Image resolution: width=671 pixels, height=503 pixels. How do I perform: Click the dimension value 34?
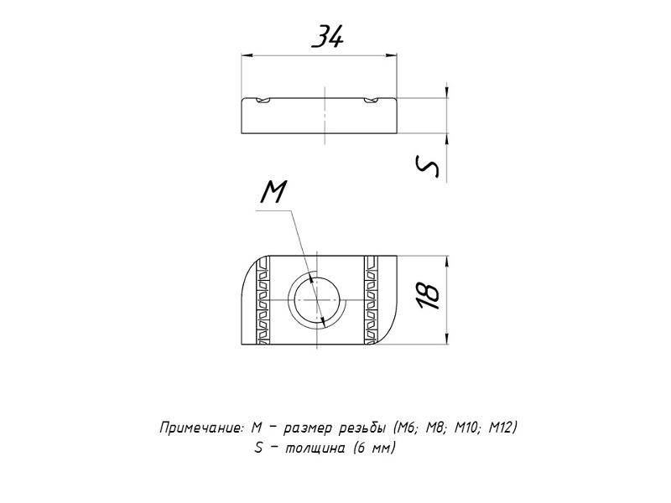(x=328, y=36)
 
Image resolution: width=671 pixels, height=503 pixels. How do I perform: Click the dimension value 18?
(x=429, y=295)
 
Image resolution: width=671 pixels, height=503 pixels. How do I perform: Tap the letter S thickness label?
(x=428, y=166)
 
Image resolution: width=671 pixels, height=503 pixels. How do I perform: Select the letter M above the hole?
(x=273, y=191)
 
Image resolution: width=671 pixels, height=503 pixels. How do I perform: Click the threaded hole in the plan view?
(x=317, y=301)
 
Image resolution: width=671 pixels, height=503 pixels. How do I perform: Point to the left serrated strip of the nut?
(x=263, y=300)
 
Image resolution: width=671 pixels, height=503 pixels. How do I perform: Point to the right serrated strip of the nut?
(x=371, y=300)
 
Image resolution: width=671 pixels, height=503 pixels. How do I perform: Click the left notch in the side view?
(x=263, y=101)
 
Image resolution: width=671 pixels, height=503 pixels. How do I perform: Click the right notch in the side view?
(x=372, y=101)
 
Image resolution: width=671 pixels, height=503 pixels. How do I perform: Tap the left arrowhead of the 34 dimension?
(x=247, y=55)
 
